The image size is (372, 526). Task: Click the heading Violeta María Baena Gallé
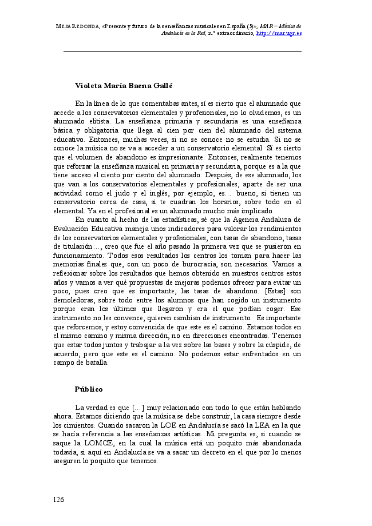click(124, 85)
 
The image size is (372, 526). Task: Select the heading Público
click(89, 389)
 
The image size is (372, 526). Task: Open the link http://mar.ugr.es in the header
click(279, 34)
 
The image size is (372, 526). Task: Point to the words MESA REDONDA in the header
click(77, 26)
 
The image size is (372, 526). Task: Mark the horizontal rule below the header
click(182, 52)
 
